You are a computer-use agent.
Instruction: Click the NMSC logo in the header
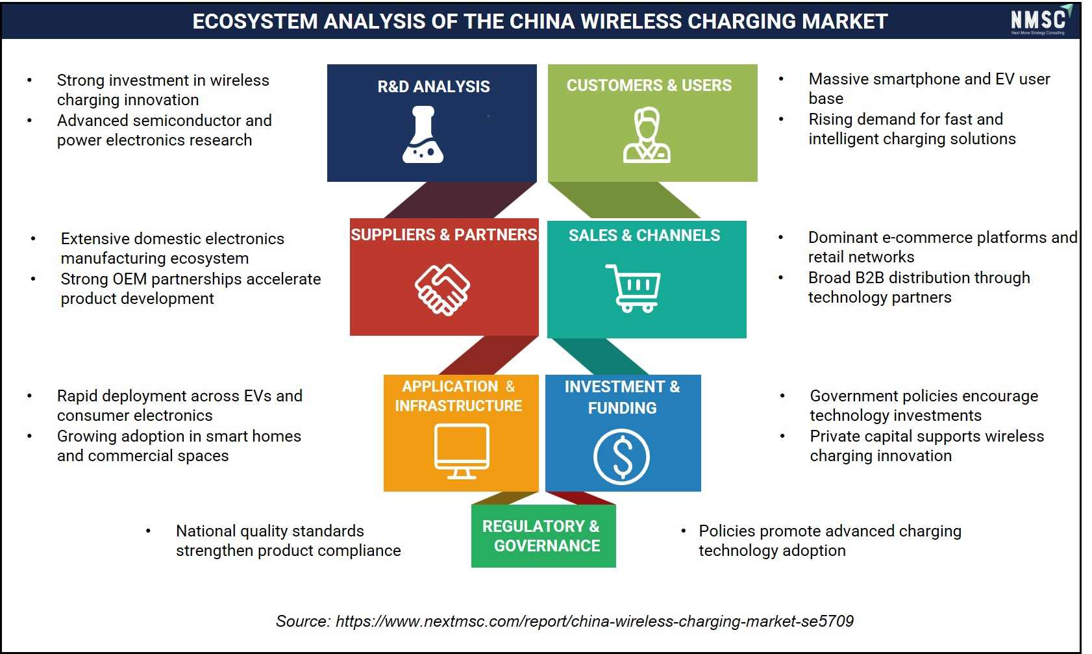point(1041,20)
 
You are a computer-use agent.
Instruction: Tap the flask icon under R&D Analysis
point(423,134)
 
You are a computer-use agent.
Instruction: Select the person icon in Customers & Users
point(647,135)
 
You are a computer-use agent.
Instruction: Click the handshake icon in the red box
point(442,290)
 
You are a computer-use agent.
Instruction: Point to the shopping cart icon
point(633,288)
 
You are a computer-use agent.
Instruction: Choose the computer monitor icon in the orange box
point(462,451)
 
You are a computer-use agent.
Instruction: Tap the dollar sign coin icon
point(621,457)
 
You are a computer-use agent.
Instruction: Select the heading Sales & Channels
point(644,235)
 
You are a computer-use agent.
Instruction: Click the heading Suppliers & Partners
point(444,234)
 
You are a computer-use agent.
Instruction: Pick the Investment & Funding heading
point(622,397)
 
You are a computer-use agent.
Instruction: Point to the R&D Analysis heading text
point(434,86)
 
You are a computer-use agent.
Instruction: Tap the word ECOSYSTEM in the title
point(255,21)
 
